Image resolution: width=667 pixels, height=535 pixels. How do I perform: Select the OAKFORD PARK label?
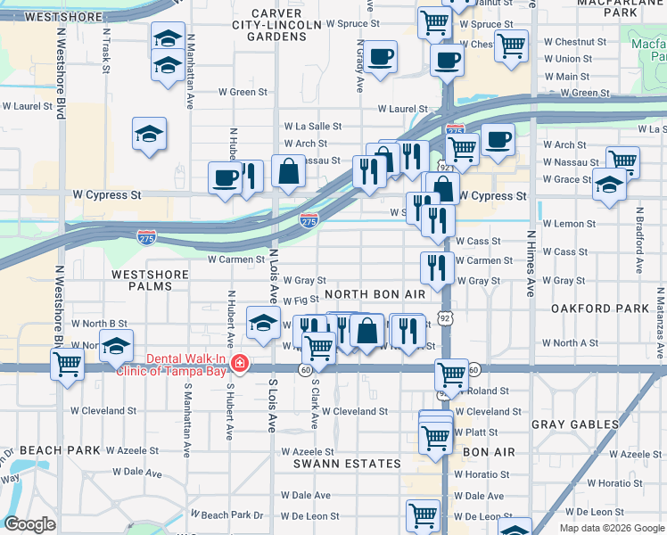point(600,309)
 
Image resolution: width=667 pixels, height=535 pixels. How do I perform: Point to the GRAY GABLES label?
point(574,424)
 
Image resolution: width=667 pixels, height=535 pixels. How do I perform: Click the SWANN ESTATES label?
point(348,464)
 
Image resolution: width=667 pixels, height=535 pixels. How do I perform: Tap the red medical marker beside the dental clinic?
point(239,364)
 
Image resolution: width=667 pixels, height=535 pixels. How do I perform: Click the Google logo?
point(29,524)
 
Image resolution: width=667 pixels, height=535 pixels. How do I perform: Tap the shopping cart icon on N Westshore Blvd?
point(68,365)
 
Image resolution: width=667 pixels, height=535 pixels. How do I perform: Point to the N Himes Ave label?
point(531,264)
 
